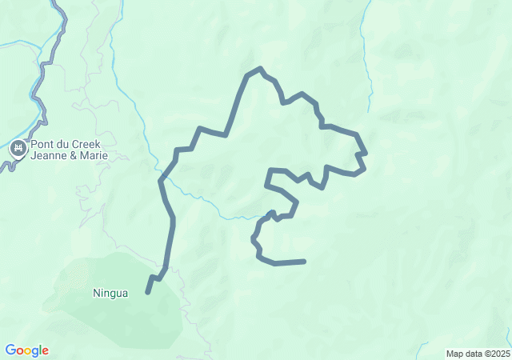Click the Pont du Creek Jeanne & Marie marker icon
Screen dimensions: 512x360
(18, 148)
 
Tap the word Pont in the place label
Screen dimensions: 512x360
(43, 145)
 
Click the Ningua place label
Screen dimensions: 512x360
(110, 293)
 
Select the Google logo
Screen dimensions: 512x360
(27, 350)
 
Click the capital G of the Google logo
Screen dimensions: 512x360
(10, 350)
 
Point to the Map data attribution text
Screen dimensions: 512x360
(477, 354)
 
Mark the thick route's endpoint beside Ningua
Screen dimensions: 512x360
(148, 293)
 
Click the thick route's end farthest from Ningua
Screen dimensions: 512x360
(304, 261)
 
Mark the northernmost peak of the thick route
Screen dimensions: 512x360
(260, 69)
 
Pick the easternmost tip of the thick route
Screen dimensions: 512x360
(366, 152)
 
